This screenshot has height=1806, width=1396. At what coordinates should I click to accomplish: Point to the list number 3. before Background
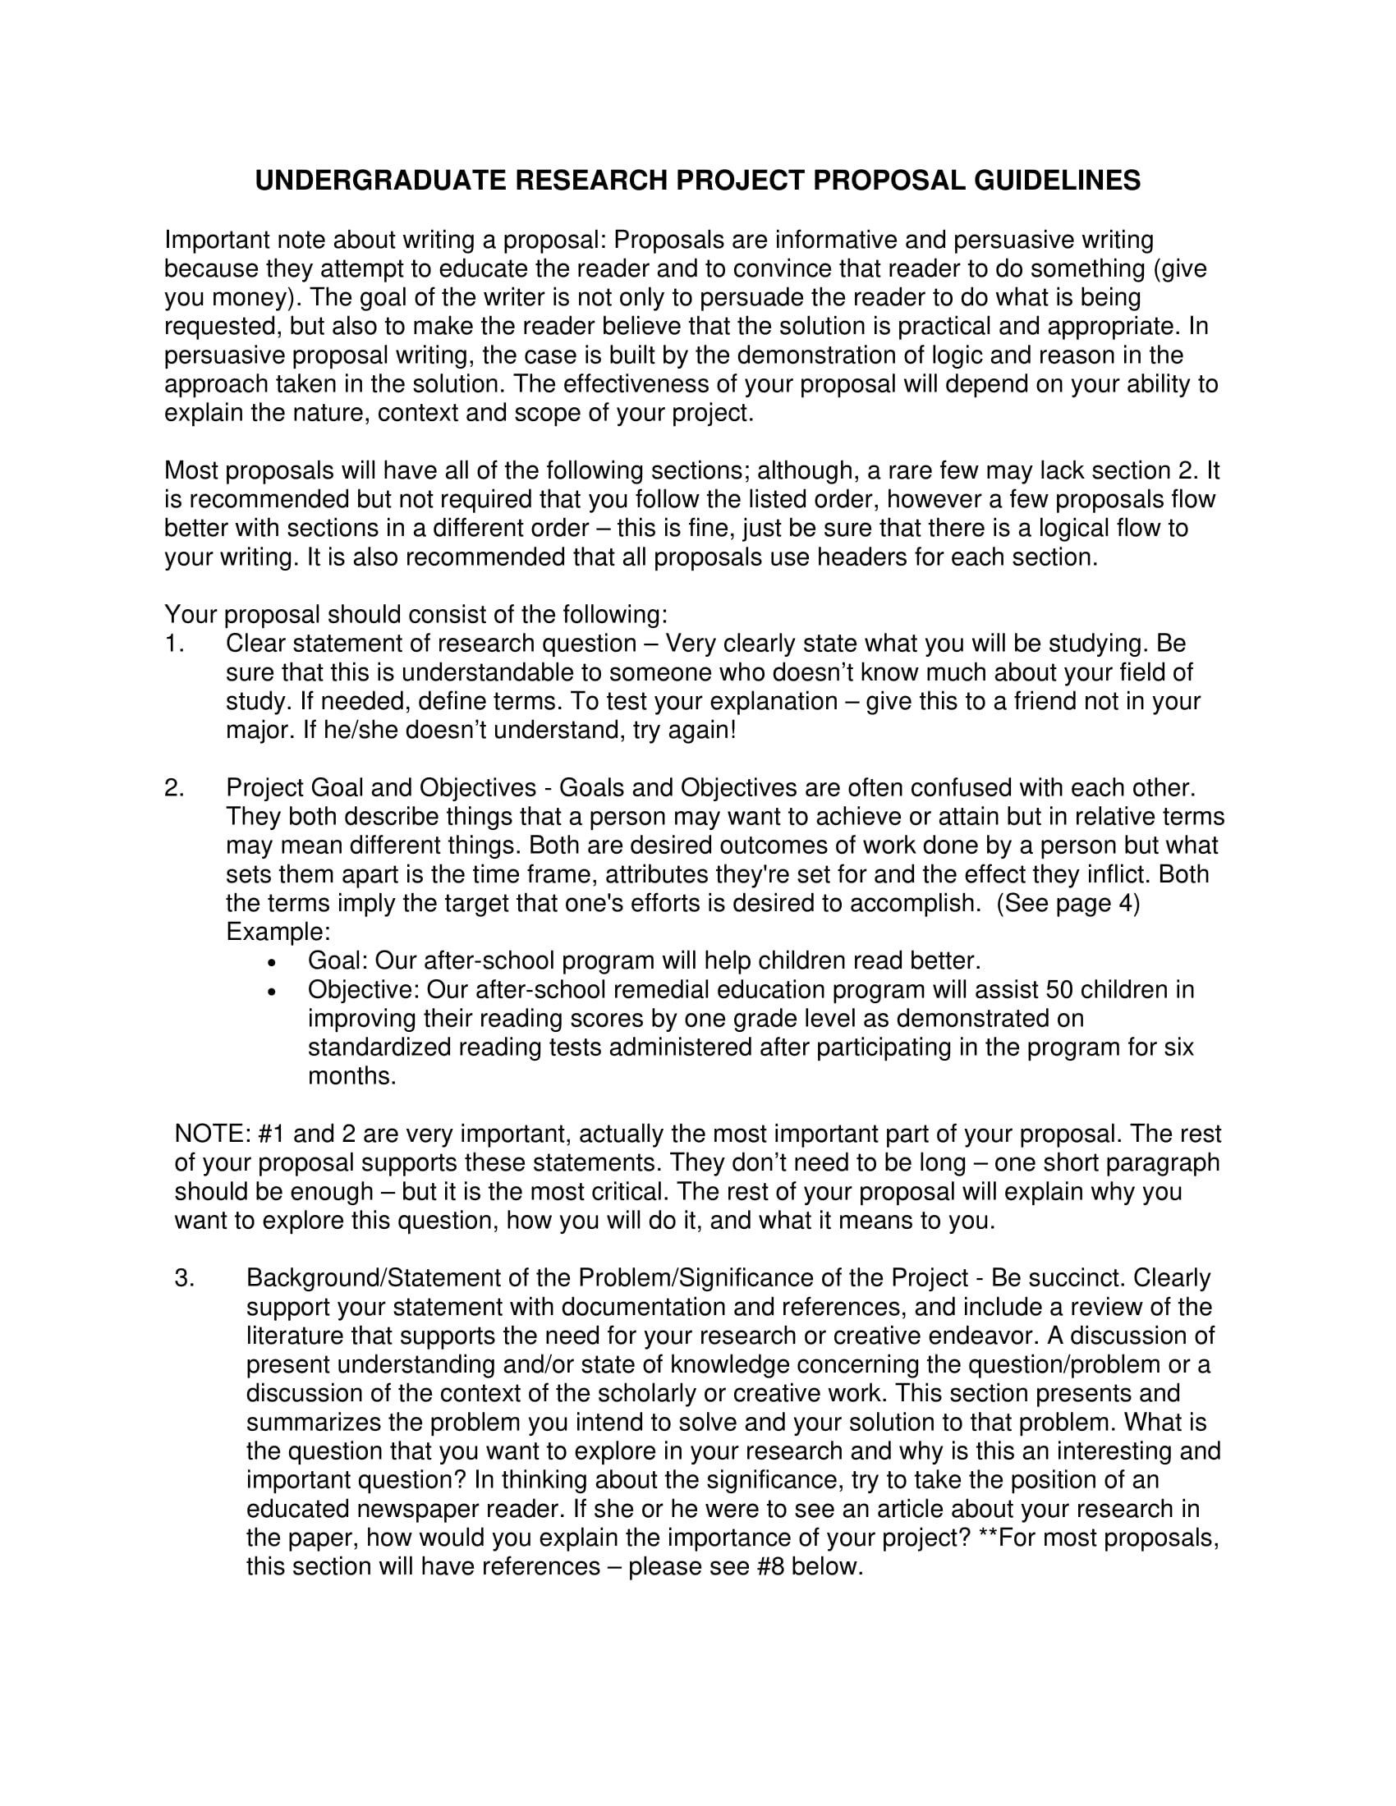click(185, 1278)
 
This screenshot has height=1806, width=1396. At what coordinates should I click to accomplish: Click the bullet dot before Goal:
click(272, 964)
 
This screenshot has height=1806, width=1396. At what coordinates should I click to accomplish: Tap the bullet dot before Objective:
click(272, 992)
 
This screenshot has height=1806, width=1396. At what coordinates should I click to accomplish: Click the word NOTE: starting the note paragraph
click(213, 1134)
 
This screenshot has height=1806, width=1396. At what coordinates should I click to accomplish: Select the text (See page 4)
click(1068, 904)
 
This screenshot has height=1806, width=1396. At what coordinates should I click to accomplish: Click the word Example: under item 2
click(278, 933)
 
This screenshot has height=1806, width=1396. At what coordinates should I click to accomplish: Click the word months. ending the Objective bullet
click(351, 1077)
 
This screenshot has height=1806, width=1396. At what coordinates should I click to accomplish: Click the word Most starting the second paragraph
click(191, 471)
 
